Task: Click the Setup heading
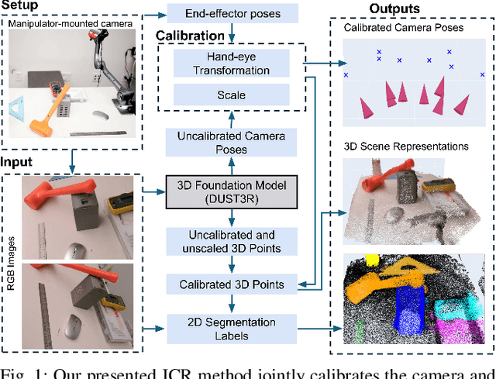pyautogui.click(x=21, y=6)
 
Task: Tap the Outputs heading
pyautogui.click(x=394, y=9)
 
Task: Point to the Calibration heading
pyautogui.click(x=190, y=36)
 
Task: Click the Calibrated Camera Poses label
pyautogui.click(x=403, y=28)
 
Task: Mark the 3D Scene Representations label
pyautogui.click(x=405, y=146)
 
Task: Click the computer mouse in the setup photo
pyautogui.click(x=99, y=115)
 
